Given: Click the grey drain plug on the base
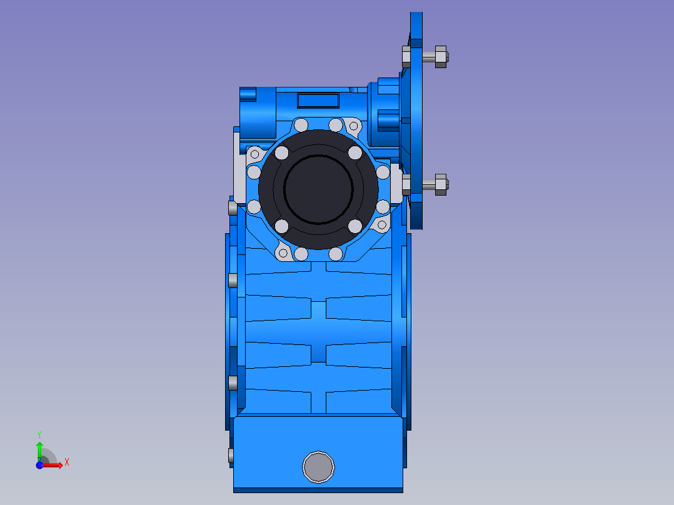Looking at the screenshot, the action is pos(318,467).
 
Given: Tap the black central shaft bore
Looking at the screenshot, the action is pos(318,189).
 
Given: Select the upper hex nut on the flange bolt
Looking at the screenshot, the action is pos(441,57).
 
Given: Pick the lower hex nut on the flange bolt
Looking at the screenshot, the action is pos(441,185).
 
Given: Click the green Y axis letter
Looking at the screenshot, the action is pos(39,434).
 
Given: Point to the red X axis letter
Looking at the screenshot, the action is pos(67,462).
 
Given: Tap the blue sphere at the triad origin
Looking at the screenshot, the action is pos(39,465).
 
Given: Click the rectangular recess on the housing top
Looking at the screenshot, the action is pos(318,101).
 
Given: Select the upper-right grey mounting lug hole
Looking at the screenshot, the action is pos(354,126).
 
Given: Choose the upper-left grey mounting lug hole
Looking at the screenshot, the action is pos(254,154).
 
